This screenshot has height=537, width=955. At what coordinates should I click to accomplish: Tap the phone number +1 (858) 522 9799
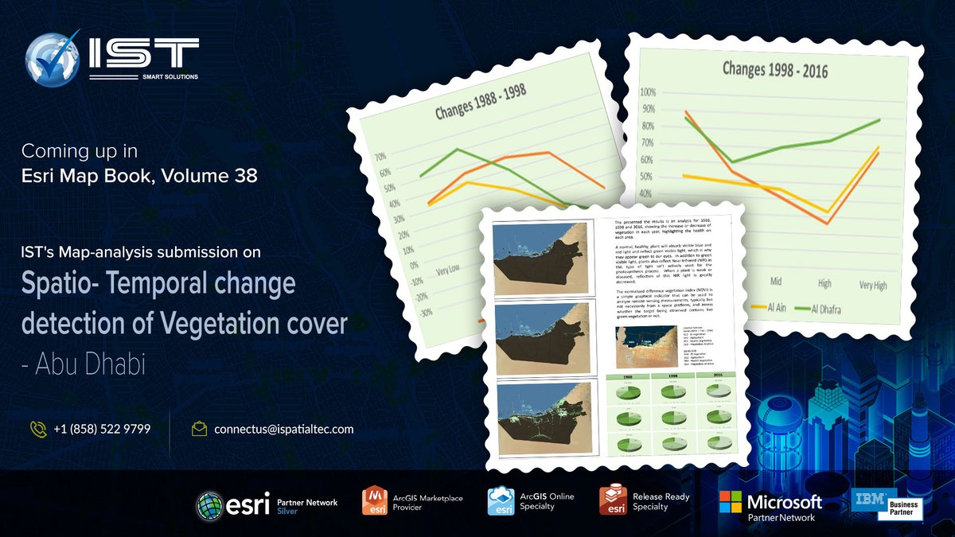click(102, 429)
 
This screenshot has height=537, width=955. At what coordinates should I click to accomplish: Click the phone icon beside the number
click(37, 429)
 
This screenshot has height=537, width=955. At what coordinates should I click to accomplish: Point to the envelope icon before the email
click(199, 429)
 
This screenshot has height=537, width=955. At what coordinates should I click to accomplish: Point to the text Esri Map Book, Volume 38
click(139, 176)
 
